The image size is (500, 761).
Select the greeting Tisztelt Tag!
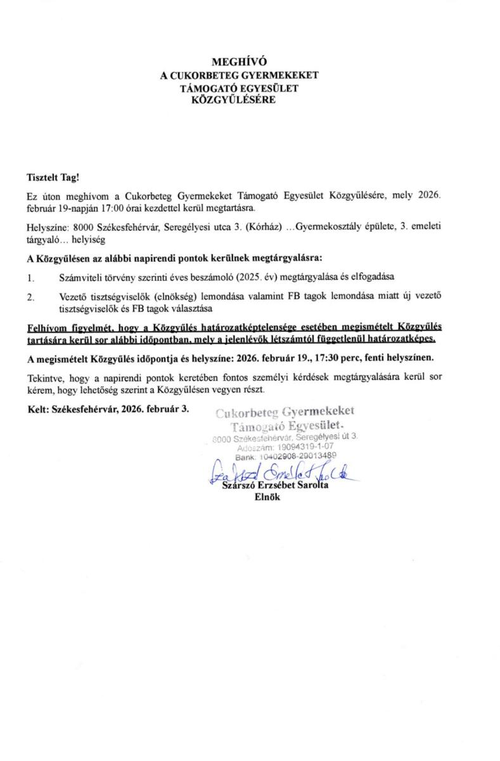pos(53,180)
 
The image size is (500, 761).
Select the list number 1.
pos(30,277)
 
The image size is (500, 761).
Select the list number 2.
pos(30,296)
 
